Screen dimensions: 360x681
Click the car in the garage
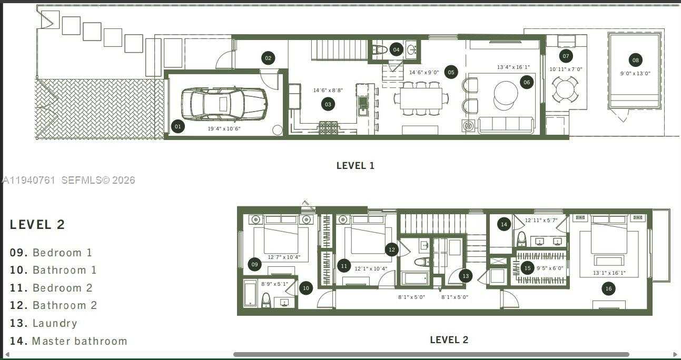coord(224,104)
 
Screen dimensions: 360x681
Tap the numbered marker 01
coord(178,126)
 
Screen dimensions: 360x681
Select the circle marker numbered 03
coord(328,104)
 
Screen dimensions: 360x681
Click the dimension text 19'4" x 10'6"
coord(224,128)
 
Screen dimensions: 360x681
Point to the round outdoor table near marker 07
coord(566,89)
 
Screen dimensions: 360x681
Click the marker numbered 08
coord(635,60)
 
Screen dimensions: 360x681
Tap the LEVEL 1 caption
coord(355,165)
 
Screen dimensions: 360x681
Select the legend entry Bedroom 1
coord(51,253)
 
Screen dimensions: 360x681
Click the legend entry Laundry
coord(44,323)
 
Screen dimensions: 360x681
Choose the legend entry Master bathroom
coord(68,341)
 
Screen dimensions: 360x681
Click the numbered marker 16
coord(608,288)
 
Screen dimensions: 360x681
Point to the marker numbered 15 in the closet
coord(527,268)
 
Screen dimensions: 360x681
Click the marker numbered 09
coord(255,264)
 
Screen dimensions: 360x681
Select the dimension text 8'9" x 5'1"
coord(274,284)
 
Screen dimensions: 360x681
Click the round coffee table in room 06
coord(506,95)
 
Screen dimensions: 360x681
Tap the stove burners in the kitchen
coord(329,127)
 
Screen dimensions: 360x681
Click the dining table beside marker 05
coord(421,98)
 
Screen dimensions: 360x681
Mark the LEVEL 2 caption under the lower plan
coord(449,340)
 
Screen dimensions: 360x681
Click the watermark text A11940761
coord(29,180)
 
